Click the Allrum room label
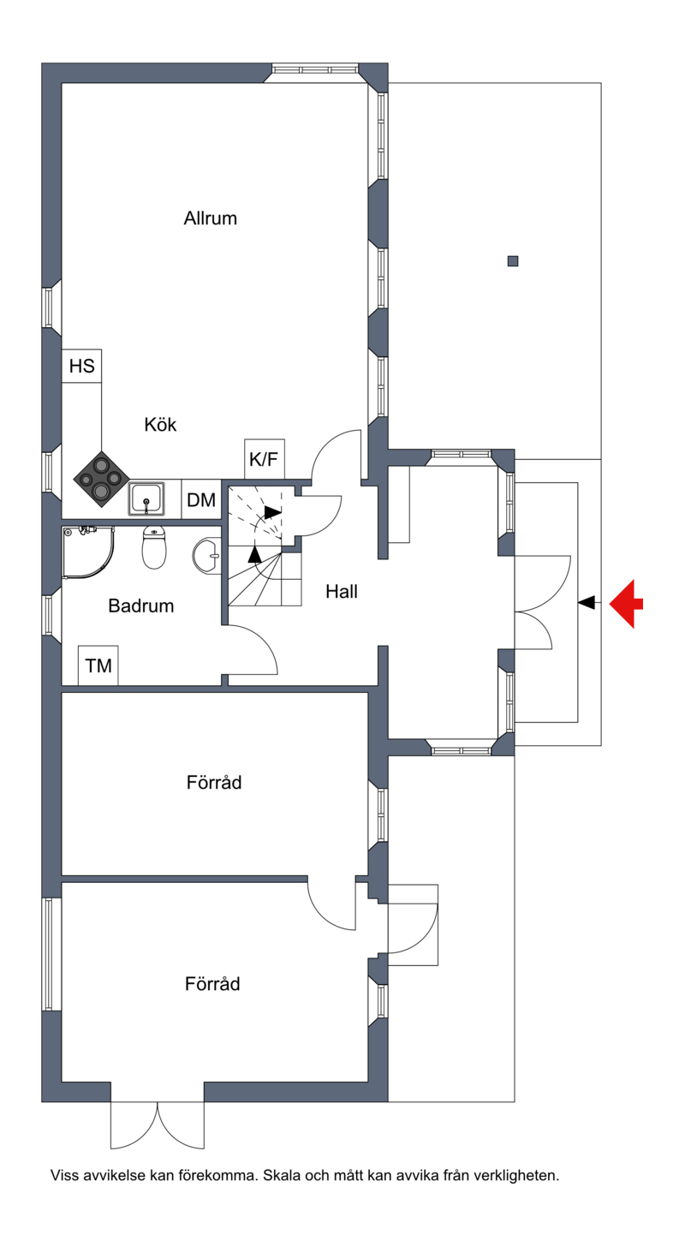(211, 218)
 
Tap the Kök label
(160, 425)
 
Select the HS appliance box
(82, 366)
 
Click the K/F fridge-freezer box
(264, 459)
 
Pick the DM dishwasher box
(201, 500)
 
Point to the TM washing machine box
(98, 665)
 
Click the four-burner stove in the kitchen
(101, 479)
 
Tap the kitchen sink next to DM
(147, 498)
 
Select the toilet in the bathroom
(154, 548)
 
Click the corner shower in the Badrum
(88, 552)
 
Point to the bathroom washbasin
(207, 556)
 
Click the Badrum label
(140, 606)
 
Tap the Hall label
(342, 592)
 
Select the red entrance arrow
(627, 604)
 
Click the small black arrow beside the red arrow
(587, 602)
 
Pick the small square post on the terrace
(513, 260)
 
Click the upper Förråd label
(214, 783)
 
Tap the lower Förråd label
(212, 984)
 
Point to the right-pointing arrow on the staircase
(272, 512)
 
